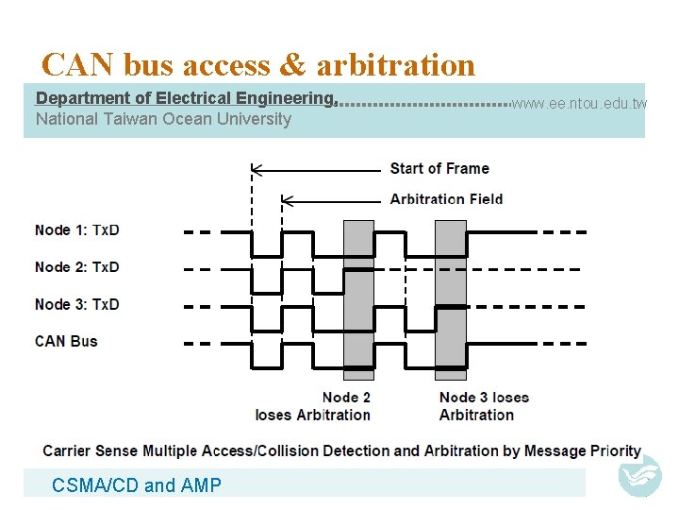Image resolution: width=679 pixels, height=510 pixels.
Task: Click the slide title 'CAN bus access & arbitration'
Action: [x=258, y=64]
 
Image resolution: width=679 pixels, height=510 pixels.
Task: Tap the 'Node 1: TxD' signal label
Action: [x=77, y=230]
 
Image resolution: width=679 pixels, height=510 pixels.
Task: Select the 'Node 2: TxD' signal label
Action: [x=77, y=267]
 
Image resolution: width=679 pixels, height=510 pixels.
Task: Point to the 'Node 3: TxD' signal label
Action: [x=77, y=304]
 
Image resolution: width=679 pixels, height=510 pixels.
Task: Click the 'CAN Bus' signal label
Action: [x=66, y=341]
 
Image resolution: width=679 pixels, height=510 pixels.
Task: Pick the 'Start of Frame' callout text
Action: [x=439, y=169]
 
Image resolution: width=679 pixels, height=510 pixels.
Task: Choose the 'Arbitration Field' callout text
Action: [x=446, y=199]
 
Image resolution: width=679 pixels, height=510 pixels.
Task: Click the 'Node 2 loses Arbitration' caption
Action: [x=313, y=406]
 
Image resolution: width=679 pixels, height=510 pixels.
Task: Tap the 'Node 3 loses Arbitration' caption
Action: [x=484, y=406]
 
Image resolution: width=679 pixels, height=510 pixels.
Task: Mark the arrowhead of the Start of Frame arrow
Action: [x=255, y=170]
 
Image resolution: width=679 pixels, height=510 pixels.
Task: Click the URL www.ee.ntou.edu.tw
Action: [x=578, y=103]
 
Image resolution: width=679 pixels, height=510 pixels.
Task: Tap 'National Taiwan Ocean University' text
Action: [x=163, y=119]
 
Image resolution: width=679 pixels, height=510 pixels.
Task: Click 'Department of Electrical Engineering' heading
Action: [x=186, y=98]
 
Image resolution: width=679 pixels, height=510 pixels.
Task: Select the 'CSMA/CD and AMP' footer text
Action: [x=137, y=485]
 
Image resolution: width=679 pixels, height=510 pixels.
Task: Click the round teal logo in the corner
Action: [x=640, y=475]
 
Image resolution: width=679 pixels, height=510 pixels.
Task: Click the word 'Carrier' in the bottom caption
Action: [x=67, y=451]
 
